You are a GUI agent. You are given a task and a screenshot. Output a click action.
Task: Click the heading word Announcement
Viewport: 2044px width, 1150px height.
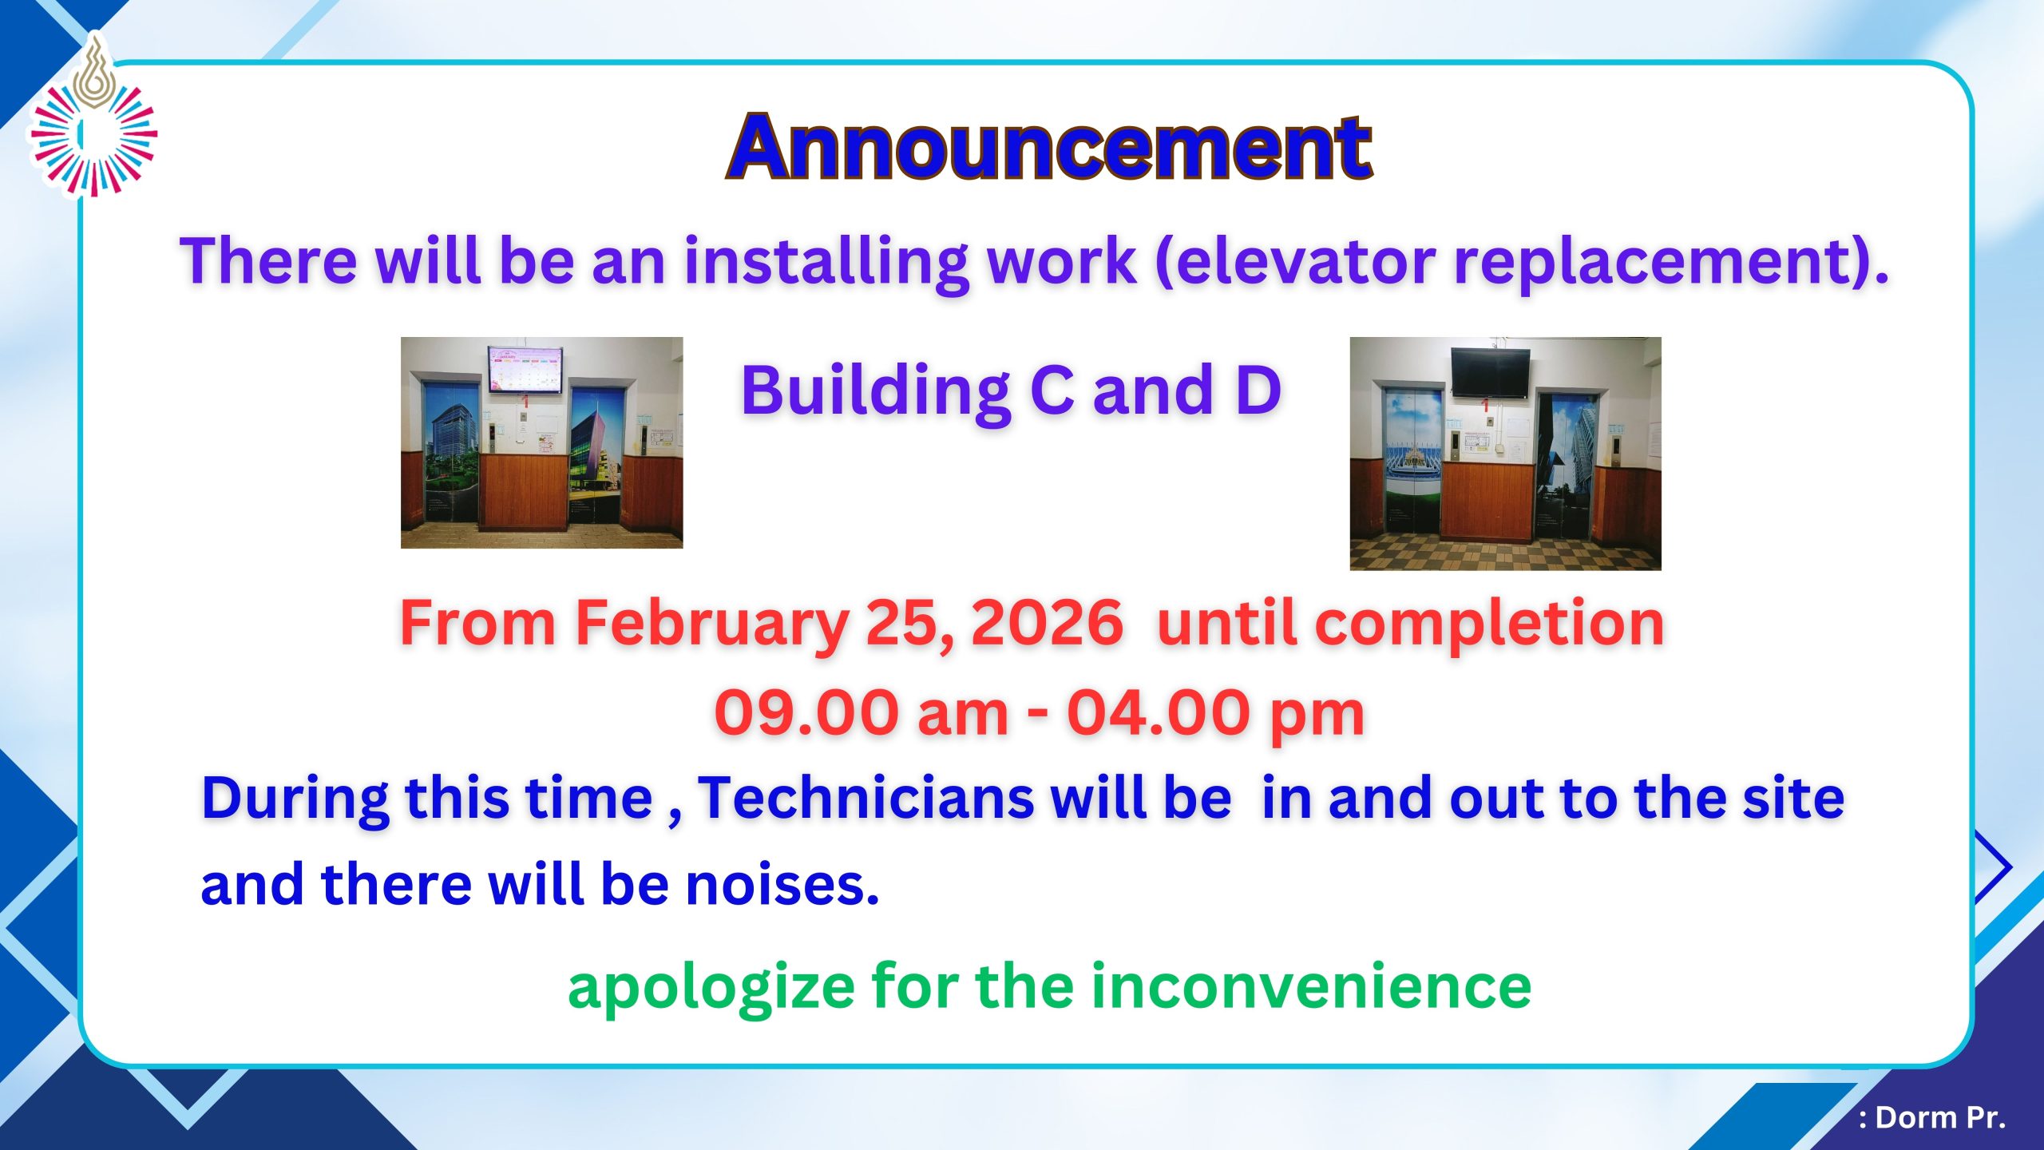pos(1049,147)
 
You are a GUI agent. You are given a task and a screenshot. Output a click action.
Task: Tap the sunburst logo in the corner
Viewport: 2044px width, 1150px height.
pos(93,116)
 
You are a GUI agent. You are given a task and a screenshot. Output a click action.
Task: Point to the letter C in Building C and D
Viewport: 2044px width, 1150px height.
pos(1052,391)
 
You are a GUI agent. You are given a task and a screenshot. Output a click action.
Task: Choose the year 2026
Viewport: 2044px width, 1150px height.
pos(1047,623)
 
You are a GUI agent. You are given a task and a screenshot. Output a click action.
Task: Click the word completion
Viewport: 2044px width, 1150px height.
pos(1490,625)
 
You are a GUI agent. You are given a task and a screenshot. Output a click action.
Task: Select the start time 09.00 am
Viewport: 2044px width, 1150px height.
pos(862,713)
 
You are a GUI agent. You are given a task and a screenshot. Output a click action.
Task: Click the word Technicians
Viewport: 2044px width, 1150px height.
pos(866,798)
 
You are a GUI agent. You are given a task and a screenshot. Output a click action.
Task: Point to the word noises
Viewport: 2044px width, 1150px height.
pos(782,886)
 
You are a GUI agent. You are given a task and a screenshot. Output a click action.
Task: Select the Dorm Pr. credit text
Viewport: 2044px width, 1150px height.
pos(1932,1117)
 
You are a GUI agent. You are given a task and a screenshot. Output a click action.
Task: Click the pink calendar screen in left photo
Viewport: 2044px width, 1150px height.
pos(526,370)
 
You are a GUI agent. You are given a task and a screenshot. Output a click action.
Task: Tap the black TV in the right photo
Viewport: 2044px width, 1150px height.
pos(1491,372)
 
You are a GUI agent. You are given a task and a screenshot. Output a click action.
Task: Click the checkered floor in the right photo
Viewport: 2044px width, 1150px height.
pos(1505,552)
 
